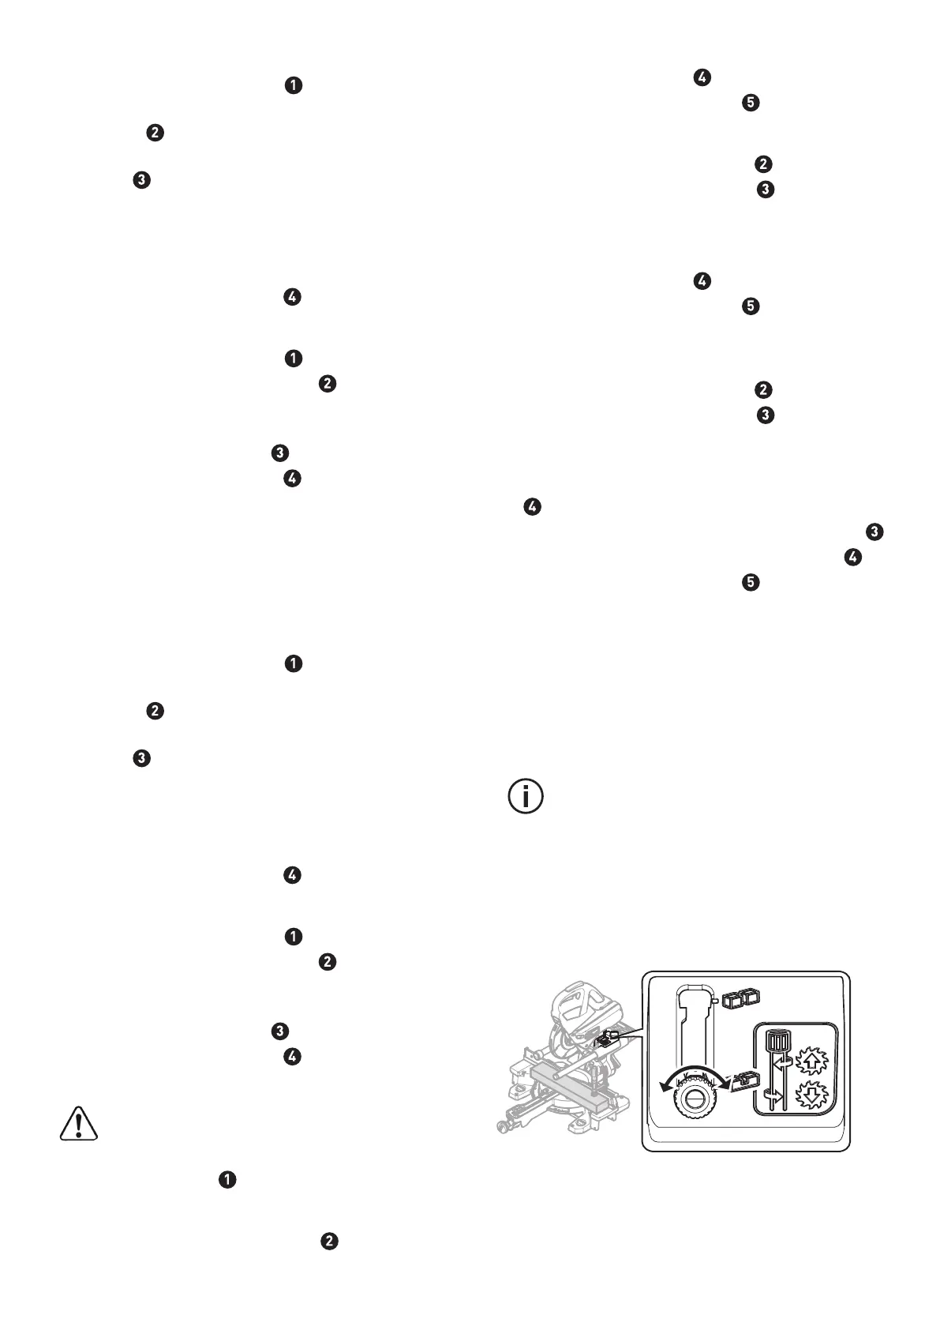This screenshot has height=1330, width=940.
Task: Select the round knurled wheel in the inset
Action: (695, 1099)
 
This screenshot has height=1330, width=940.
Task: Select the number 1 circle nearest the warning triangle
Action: (227, 1179)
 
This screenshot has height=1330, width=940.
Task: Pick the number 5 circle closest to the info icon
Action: (751, 583)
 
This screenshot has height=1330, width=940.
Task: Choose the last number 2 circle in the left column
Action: (328, 1241)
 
